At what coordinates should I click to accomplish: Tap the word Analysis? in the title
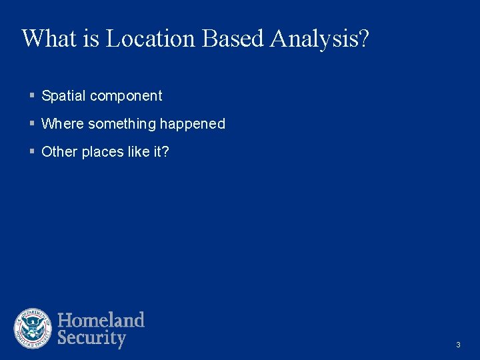[x=319, y=39]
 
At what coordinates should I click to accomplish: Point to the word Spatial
[x=63, y=96]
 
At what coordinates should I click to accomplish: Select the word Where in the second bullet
[x=62, y=124]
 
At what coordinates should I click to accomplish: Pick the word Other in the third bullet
[x=59, y=152]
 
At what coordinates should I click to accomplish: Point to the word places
[x=101, y=152]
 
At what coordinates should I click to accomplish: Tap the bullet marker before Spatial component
[x=32, y=96]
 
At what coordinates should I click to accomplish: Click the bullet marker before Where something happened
[x=32, y=124]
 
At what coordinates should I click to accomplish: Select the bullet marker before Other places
[x=32, y=152]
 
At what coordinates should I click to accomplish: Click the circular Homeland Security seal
[x=33, y=329]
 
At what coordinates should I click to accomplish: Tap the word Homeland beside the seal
[x=101, y=320]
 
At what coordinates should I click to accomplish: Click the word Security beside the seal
[x=91, y=338]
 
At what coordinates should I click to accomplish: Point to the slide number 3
[x=458, y=345]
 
